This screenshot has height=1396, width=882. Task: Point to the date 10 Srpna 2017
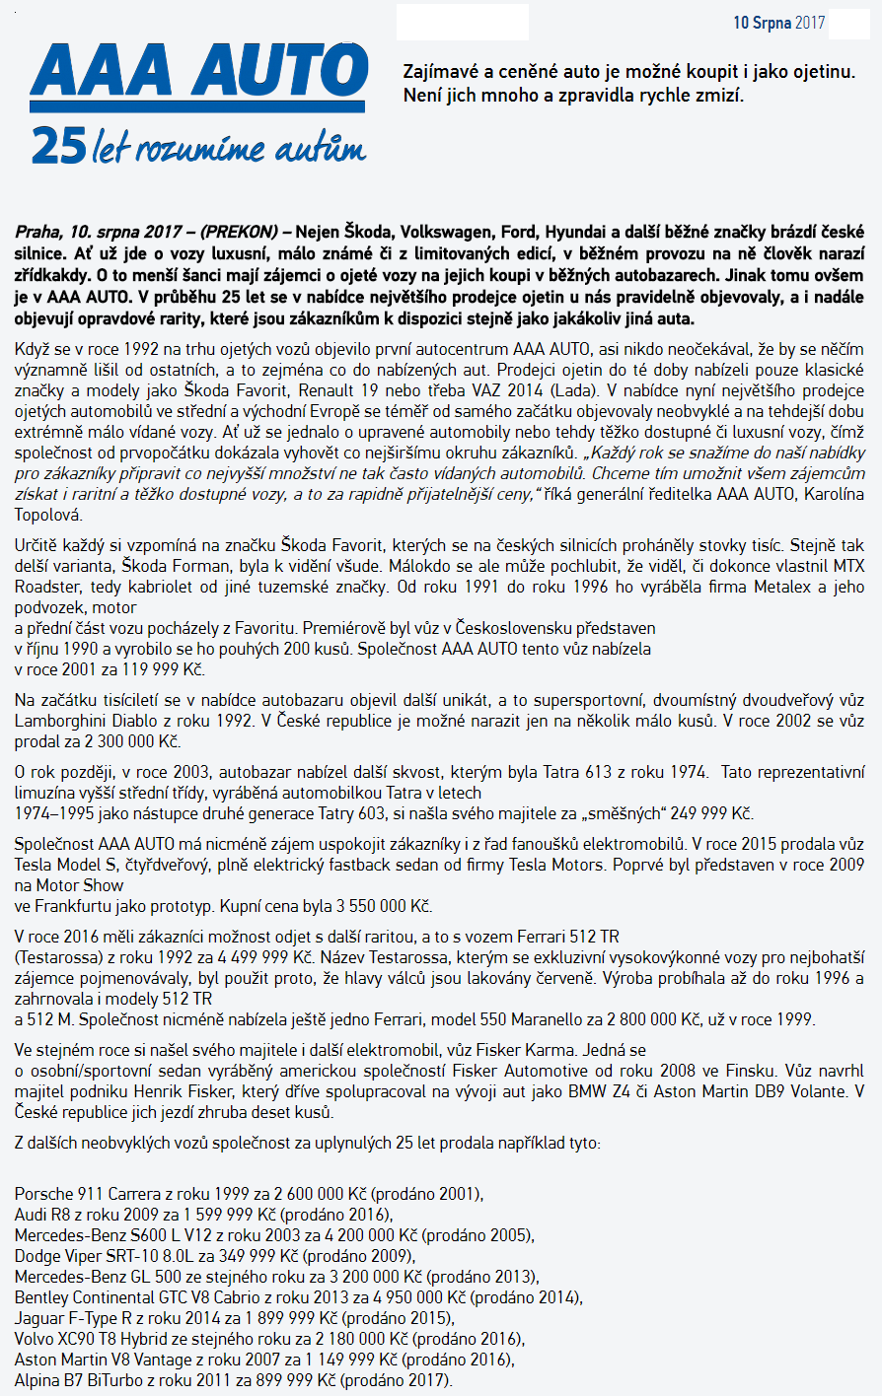[x=778, y=22]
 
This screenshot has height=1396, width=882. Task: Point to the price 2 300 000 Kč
[x=118, y=740]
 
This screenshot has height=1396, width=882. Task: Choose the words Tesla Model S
[x=68, y=865]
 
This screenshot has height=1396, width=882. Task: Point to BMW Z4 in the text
[x=609, y=1091]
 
